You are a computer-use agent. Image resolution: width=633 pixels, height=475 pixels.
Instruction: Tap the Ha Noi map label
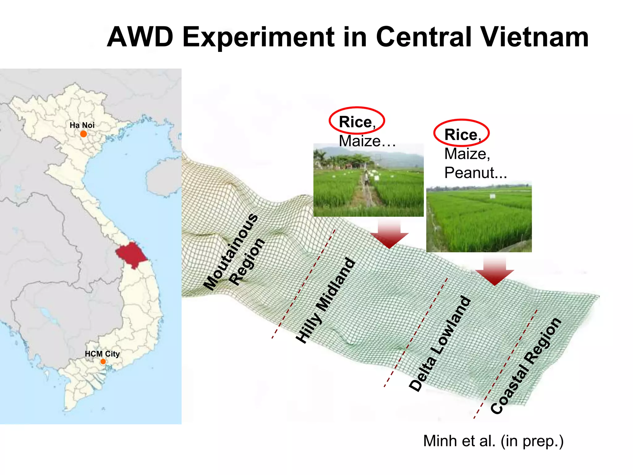82,125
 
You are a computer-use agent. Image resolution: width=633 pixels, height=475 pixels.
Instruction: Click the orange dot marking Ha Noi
83,134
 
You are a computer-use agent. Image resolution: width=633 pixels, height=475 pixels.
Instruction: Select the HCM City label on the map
102,354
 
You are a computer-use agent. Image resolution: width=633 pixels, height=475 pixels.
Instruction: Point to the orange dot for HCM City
103,362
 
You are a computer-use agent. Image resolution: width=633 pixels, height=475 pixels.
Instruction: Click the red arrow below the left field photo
389,236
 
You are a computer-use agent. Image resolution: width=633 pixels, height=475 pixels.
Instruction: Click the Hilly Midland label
325,300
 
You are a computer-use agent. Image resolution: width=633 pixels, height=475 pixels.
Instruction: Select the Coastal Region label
525,366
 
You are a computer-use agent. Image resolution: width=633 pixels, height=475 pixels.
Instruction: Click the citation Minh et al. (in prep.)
493,441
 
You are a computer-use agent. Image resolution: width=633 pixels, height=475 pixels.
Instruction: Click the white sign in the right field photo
492,196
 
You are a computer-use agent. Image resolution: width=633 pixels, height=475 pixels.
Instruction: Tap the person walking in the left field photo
366,179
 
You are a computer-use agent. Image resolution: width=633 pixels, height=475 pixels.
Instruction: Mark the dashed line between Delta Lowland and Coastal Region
505,365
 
